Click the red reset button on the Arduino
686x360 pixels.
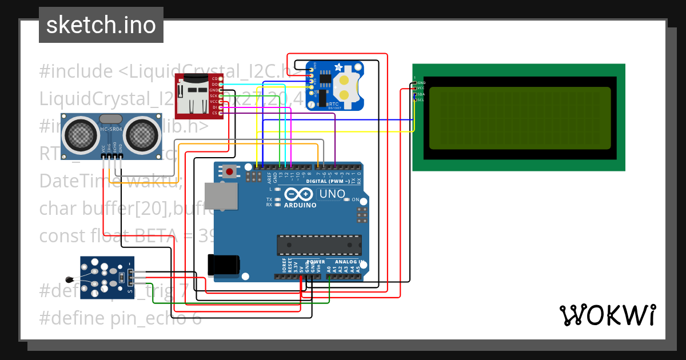click(230, 171)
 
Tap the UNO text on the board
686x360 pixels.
click(332, 194)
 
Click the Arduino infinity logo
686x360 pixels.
click(300, 194)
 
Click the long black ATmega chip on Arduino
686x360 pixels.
click(319, 245)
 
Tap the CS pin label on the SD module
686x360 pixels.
click(215, 113)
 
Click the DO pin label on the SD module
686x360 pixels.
click(215, 84)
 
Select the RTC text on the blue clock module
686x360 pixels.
click(334, 103)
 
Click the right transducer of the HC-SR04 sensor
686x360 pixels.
click(141, 134)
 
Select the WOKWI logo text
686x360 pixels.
click(607, 315)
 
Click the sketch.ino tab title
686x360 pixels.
click(101, 25)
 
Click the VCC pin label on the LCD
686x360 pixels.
click(420, 88)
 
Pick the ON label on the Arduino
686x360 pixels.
click(355, 200)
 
